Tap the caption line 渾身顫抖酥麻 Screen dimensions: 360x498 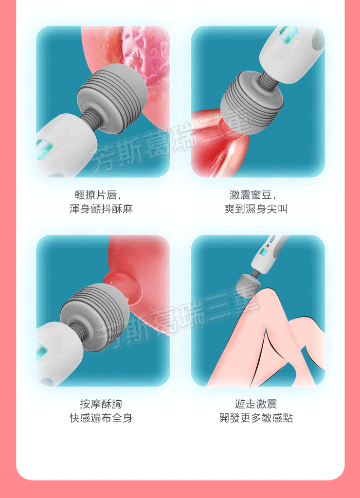coord(101,209)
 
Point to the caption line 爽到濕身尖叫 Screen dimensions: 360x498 coord(256,209)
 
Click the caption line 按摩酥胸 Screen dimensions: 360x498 coord(101,404)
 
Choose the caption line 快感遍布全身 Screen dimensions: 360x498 coord(101,418)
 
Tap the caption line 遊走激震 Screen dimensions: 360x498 coord(256,404)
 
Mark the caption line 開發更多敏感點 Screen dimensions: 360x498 coord(256,418)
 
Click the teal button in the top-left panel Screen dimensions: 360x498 coord(44,149)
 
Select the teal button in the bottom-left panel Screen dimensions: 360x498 coord(42,352)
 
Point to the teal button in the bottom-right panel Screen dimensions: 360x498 coord(263,252)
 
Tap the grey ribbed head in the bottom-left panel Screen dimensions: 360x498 coord(95,317)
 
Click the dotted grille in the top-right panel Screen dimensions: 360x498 coord(319,38)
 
